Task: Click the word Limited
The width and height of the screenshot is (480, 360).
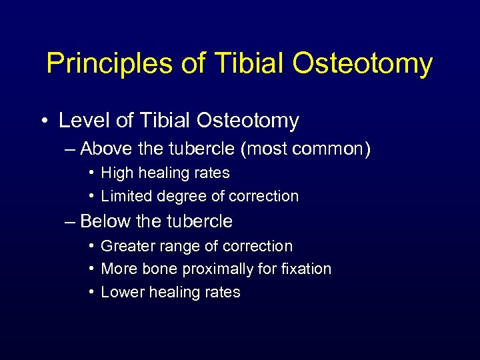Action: [x=126, y=197]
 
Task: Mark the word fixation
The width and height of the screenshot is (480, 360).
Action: [x=306, y=269]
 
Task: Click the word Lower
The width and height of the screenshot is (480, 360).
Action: [x=121, y=293]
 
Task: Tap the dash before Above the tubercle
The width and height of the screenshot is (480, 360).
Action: [x=71, y=149]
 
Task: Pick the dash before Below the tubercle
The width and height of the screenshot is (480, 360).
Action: [x=71, y=221]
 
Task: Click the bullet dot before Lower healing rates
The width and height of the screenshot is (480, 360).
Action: [x=91, y=293]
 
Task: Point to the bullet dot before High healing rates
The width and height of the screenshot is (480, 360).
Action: [x=91, y=173]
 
